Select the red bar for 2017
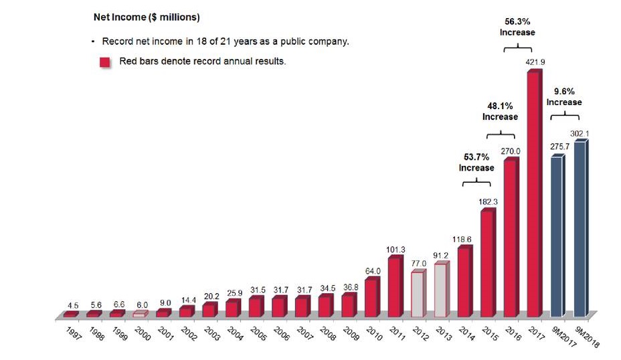(x=533, y=194)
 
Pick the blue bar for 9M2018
(x=580, y=228)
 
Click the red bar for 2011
(x=395, y=286)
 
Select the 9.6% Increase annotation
(x=564, y=97)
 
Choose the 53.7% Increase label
(x=476, y=163)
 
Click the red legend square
(x=105, y=62)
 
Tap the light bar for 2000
(x=139, y=314)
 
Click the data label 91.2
(x=440, y=254)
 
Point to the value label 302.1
(x=580, y=133)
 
